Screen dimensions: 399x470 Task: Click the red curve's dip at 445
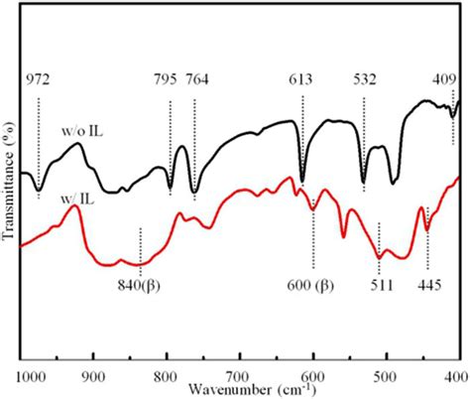pos(427,228)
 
